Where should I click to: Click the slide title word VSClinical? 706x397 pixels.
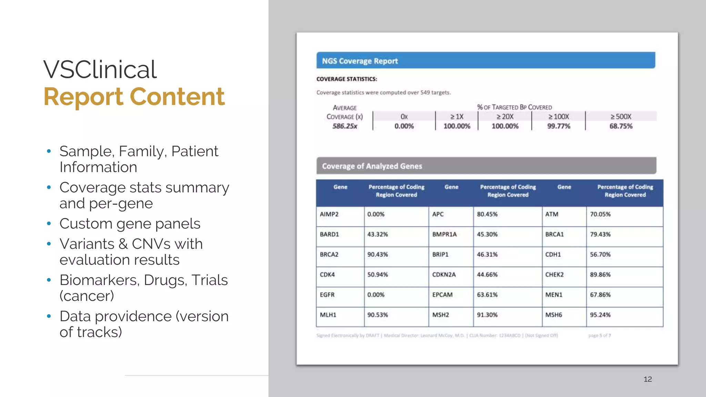click(x=100, y=70)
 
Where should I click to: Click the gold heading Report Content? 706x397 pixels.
click(x=134, y=97)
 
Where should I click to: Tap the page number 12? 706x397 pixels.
click(x=647, y=379)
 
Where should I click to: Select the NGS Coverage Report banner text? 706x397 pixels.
click(x=360, y=61)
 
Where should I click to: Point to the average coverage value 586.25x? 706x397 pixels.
click(x=344, y=126)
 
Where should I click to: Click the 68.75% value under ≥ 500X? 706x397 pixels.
click(x=621, y=126)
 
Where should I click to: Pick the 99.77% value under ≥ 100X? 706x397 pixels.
click(x=558, y=126)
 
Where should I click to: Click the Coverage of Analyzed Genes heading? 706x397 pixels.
click(x=372, y=166)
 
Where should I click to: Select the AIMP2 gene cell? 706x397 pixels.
click(x=329, y=214)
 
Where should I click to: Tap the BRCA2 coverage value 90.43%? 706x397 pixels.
click(x=377, y=255)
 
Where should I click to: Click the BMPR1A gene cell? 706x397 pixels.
click(x=444, y=234)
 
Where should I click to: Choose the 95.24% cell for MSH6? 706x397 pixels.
click(x=600, y=315)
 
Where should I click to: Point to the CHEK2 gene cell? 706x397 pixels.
click(x=554, y=275)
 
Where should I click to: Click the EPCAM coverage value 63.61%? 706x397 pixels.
click(x=487, y=295)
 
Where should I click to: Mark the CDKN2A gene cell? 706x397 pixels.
click(x=444, y=275)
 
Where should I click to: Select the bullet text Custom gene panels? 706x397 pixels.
click(x=130, y=224)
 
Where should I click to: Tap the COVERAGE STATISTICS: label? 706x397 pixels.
click(x=346, y=79)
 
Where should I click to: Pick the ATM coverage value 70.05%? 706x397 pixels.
click(x=600, y=214)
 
